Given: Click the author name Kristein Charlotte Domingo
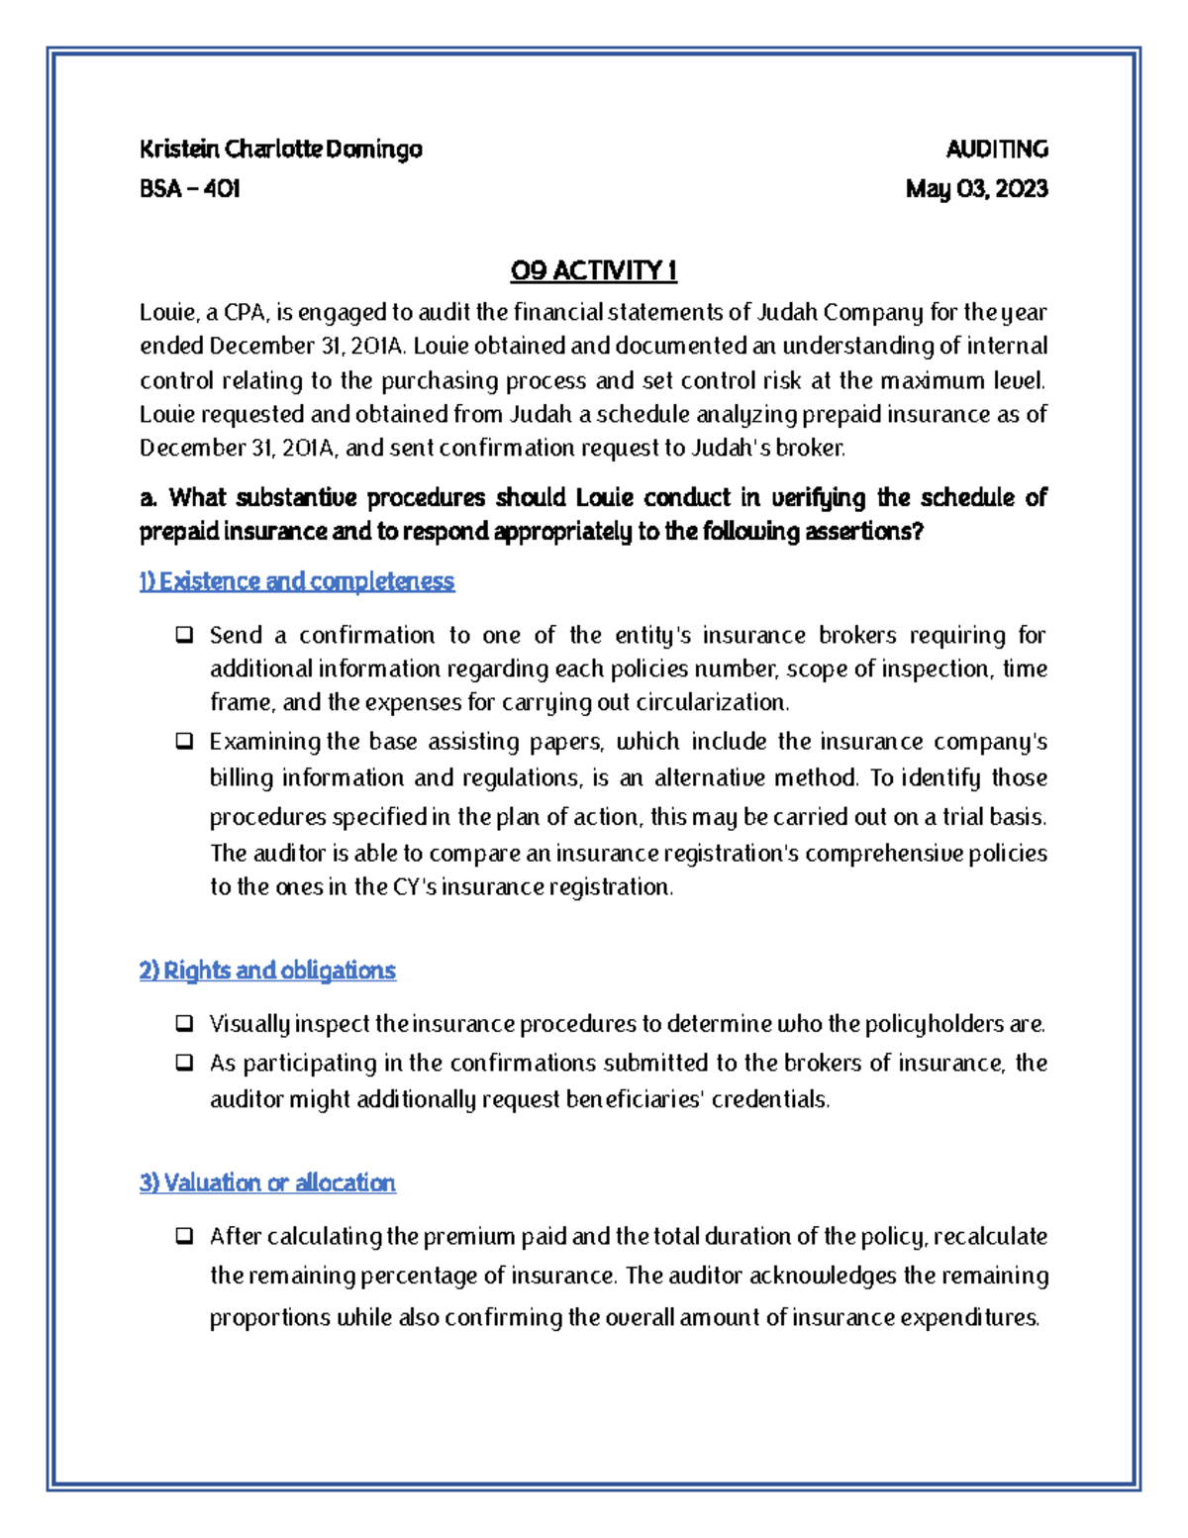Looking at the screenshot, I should click(x=280, y=150).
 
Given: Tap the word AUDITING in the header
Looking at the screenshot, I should click(x=996, y=150).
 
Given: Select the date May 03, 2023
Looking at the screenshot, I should click(x=976, y=189).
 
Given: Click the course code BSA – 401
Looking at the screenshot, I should click(x=190, y=189).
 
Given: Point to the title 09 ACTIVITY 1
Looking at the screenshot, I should click(x=593, y=270).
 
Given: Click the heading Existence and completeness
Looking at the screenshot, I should click(x=297, y=581).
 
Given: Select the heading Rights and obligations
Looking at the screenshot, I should click(x=267, y=971).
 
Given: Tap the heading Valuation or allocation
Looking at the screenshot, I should click(x=267, y=1182).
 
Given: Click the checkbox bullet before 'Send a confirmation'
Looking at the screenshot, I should click(x=184, y=635).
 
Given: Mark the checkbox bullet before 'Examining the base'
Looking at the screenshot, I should click(x=184, y=741).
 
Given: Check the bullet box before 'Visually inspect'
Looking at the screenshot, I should click(x=184, y=1023).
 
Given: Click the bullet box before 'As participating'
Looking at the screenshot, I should click(x=184, y=1063).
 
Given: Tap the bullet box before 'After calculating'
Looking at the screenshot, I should click(x=184, y=1236).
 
